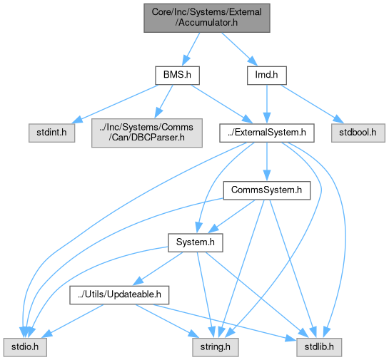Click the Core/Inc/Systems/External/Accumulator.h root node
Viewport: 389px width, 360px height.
[207, 18]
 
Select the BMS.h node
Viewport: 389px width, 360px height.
[177, 75]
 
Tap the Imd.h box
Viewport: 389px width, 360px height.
[267, 75]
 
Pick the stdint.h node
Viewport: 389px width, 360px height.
[51, 133]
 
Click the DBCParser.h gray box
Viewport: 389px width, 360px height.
[147, 133]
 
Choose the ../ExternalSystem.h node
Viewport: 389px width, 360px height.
[267, 133]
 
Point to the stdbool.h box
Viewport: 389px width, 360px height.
[358, 133]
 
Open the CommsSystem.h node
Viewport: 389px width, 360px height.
[267, 190]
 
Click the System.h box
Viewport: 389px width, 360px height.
[196, 242]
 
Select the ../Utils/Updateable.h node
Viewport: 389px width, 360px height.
[119, 295]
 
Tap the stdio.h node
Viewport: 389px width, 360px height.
[25, 347]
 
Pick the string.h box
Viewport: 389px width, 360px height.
[216, 347]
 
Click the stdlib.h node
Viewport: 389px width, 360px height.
[319, 347]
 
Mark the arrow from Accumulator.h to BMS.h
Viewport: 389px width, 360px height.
[191, 49]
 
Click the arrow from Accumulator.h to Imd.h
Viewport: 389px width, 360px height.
[239, 49]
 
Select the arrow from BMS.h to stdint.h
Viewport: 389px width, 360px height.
[115, 104]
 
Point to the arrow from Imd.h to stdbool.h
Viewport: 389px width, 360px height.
[312, 104]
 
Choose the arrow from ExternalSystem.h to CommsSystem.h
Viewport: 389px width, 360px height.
[267, 162]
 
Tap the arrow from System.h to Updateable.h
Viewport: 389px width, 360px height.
[158, 269]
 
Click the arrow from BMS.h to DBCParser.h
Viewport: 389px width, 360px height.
[163, 101]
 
